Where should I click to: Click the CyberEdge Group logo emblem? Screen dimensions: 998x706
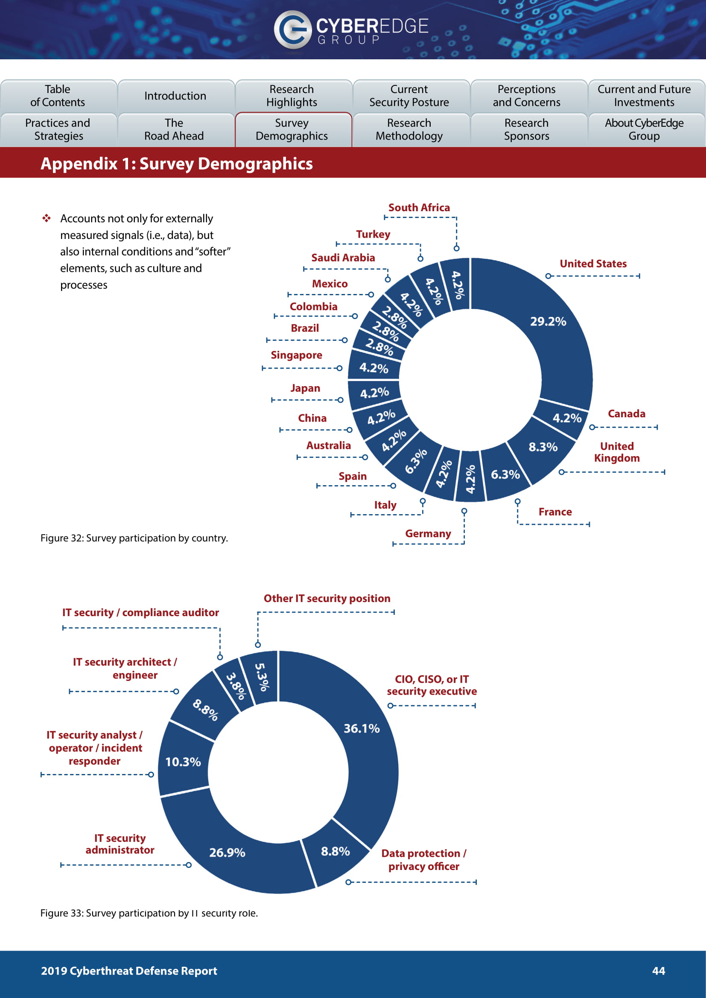tap(292, 29)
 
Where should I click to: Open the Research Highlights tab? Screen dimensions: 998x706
tap(292, 96)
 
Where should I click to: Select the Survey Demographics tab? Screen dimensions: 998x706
tap(292, 130)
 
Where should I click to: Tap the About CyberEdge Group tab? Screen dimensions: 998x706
tap(644, 130)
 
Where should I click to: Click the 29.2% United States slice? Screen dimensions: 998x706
tap(548, 322)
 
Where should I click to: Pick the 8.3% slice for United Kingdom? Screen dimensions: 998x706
tap(543, 447)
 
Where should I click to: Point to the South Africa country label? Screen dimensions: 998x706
tap(419, 208)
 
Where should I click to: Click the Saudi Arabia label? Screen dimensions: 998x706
tap(343, 258)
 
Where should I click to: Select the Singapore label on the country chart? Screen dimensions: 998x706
tap(297, 355)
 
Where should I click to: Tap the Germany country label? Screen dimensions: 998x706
tap(428, 534)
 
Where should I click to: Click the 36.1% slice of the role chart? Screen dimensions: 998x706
tap(362, 728)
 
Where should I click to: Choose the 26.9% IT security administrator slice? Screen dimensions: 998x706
tap(227, 853)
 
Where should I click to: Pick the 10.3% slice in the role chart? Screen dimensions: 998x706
tap(183, 762)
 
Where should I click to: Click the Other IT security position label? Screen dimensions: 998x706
tap(327, 599)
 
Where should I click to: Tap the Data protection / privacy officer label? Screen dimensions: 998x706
tap(424, 860)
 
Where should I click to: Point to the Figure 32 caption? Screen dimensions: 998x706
tap(134, 538)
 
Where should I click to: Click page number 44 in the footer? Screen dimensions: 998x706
tap(659, 971)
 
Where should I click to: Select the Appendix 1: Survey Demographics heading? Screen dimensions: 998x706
tap(177, 164)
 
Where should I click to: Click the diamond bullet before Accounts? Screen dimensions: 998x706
tap(47, 218)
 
